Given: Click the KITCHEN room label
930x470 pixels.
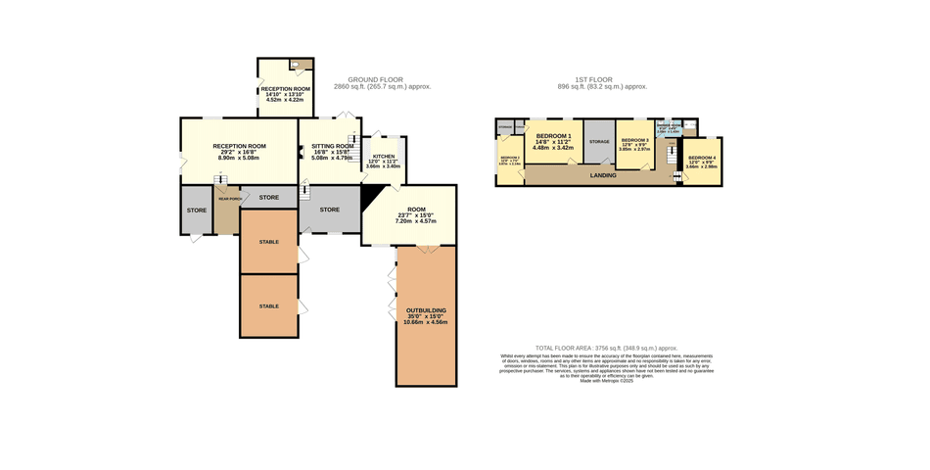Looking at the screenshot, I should point(384,156).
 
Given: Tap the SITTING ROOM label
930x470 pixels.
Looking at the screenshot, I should point(331,146).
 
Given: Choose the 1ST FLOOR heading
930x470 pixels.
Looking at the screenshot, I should point(593,79).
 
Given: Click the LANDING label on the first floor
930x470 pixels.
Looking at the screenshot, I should point(603,175).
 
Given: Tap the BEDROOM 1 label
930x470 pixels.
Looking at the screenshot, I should point(553,135).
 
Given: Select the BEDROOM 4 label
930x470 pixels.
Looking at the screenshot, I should point(702,159).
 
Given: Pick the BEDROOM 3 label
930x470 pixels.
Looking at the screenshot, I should point(634,141).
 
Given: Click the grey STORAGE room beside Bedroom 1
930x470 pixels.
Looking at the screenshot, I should point(599,143).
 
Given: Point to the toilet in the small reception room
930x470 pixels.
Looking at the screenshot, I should point(296,66).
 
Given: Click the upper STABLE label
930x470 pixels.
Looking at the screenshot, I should point(268,241).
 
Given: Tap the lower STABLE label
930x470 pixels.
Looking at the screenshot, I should point(268,306).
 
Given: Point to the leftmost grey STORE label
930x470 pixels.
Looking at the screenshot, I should point(197,210).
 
